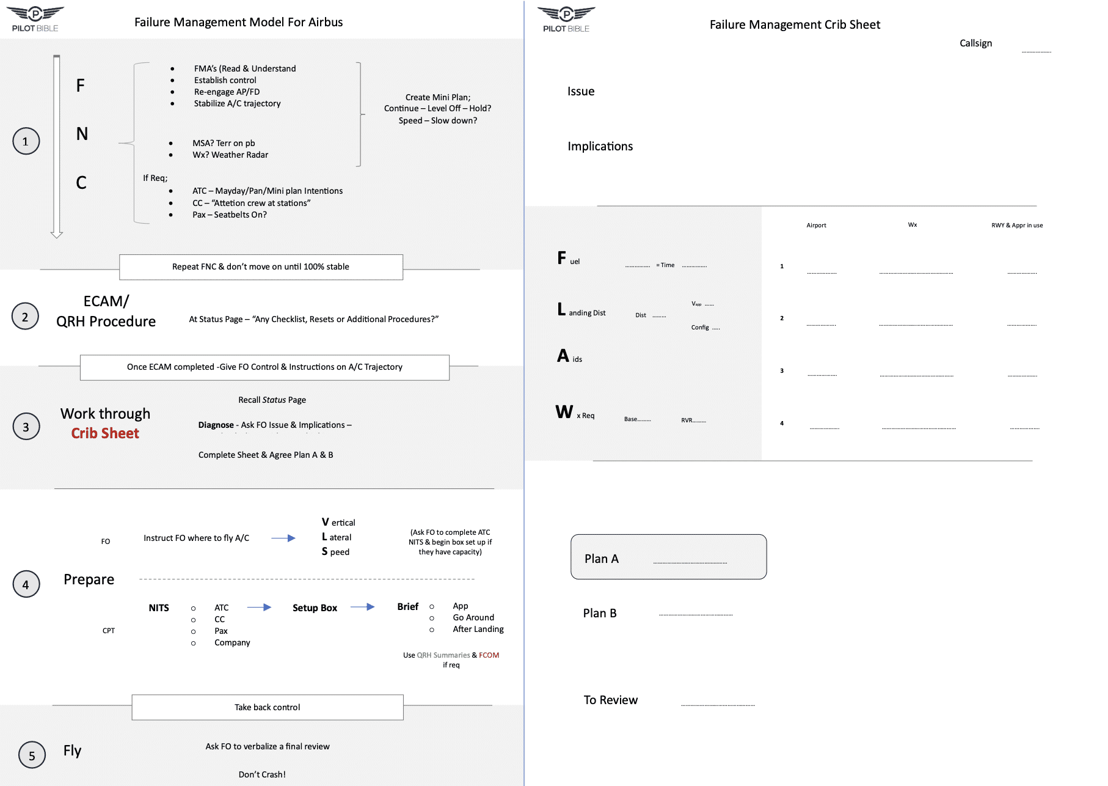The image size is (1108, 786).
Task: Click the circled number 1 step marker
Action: [26, 141]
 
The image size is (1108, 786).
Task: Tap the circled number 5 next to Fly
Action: [32, 755]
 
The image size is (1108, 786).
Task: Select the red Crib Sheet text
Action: [105, 433]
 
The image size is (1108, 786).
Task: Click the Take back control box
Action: [268, 707]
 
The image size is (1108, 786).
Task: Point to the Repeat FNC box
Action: [261, 267]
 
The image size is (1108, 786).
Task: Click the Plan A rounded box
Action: [668, 557]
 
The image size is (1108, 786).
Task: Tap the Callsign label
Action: [975, 43]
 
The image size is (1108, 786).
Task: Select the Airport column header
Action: [816, 226]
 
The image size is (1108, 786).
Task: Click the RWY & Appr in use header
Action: [1017, 226]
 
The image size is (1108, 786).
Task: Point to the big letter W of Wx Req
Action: [564, 412]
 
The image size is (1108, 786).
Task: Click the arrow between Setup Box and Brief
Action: [362, 607]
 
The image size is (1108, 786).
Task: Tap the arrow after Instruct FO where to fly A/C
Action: [283, 538]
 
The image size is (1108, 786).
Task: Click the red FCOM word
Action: [489, 655]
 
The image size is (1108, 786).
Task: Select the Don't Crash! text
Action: [262, 774]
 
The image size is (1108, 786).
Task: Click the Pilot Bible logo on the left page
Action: [35, 19]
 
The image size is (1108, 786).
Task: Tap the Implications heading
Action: [600, 147]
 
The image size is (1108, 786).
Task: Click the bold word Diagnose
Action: [216, 425]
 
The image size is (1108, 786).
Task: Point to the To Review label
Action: [610, 700]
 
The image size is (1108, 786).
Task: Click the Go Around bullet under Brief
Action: [473, 617]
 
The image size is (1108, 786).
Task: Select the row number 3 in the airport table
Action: [782, 371]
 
